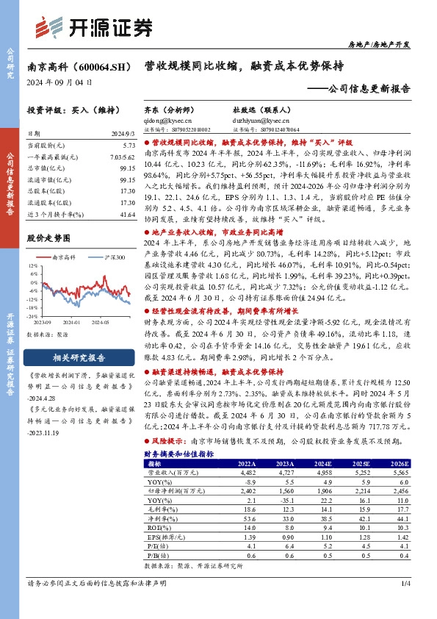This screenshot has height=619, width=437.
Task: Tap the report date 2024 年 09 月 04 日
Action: point(59,83)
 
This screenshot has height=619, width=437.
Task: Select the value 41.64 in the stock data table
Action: point(126,213)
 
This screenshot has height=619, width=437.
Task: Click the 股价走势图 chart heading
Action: point(47,237)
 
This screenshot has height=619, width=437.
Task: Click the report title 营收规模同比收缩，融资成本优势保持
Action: point(243,65)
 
